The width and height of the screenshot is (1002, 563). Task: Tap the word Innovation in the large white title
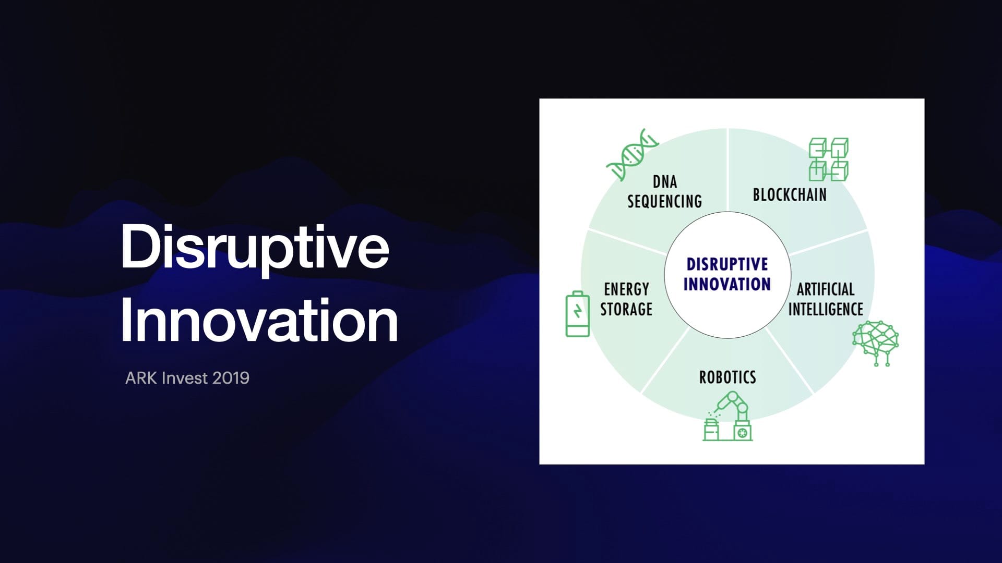point(259,320)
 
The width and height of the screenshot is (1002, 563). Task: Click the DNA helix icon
point(632,154)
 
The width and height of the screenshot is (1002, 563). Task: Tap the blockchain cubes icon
point(828,160)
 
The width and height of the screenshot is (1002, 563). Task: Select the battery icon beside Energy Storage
point(578,314)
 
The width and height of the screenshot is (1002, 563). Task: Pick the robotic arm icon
point(727,417)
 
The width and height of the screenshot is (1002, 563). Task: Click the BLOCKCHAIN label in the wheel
point(790,195)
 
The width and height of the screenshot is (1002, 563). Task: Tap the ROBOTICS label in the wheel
point(727,377)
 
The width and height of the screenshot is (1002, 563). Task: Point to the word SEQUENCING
point(664,201)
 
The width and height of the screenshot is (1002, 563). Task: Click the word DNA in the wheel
point(665,182)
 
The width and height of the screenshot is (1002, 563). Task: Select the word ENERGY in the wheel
point(626,289)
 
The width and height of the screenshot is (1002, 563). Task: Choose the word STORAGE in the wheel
point(626,309)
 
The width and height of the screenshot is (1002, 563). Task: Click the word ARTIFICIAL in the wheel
point(826,289)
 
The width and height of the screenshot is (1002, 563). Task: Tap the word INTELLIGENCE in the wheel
point(826,309)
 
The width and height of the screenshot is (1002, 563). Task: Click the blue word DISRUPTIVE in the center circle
point(727,264)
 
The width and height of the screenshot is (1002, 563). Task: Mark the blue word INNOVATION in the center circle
point(727,284)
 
